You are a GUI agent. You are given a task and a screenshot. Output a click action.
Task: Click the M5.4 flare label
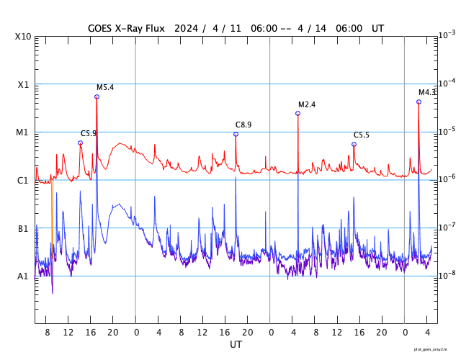point(105,87)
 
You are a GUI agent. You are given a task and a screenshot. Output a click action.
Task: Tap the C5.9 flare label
point(89,133)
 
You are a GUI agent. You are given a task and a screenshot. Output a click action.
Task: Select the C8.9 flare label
point(243,125)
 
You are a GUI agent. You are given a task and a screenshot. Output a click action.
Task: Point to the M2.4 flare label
point(307,104)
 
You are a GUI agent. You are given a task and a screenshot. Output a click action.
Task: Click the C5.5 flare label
point(361,135)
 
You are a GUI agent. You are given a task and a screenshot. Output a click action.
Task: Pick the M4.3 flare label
point(427,92)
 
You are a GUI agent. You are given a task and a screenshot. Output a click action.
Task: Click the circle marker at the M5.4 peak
point(97,96)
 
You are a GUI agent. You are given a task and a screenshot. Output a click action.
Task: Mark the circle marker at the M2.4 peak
point(297,114)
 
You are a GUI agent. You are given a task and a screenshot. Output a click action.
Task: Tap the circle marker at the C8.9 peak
point(236,134)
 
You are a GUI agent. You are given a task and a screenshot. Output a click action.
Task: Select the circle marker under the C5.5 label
point(354,144)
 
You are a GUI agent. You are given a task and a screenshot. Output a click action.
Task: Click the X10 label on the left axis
point(23,37)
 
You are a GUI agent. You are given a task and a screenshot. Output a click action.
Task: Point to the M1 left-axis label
point(23,132)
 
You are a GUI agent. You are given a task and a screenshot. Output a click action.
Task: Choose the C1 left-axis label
point(23,181)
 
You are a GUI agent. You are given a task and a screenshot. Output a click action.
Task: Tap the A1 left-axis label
point(23,276)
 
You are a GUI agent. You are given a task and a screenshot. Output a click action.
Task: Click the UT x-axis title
point(236,345)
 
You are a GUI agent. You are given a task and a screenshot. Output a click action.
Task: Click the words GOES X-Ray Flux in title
point(126,28)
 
